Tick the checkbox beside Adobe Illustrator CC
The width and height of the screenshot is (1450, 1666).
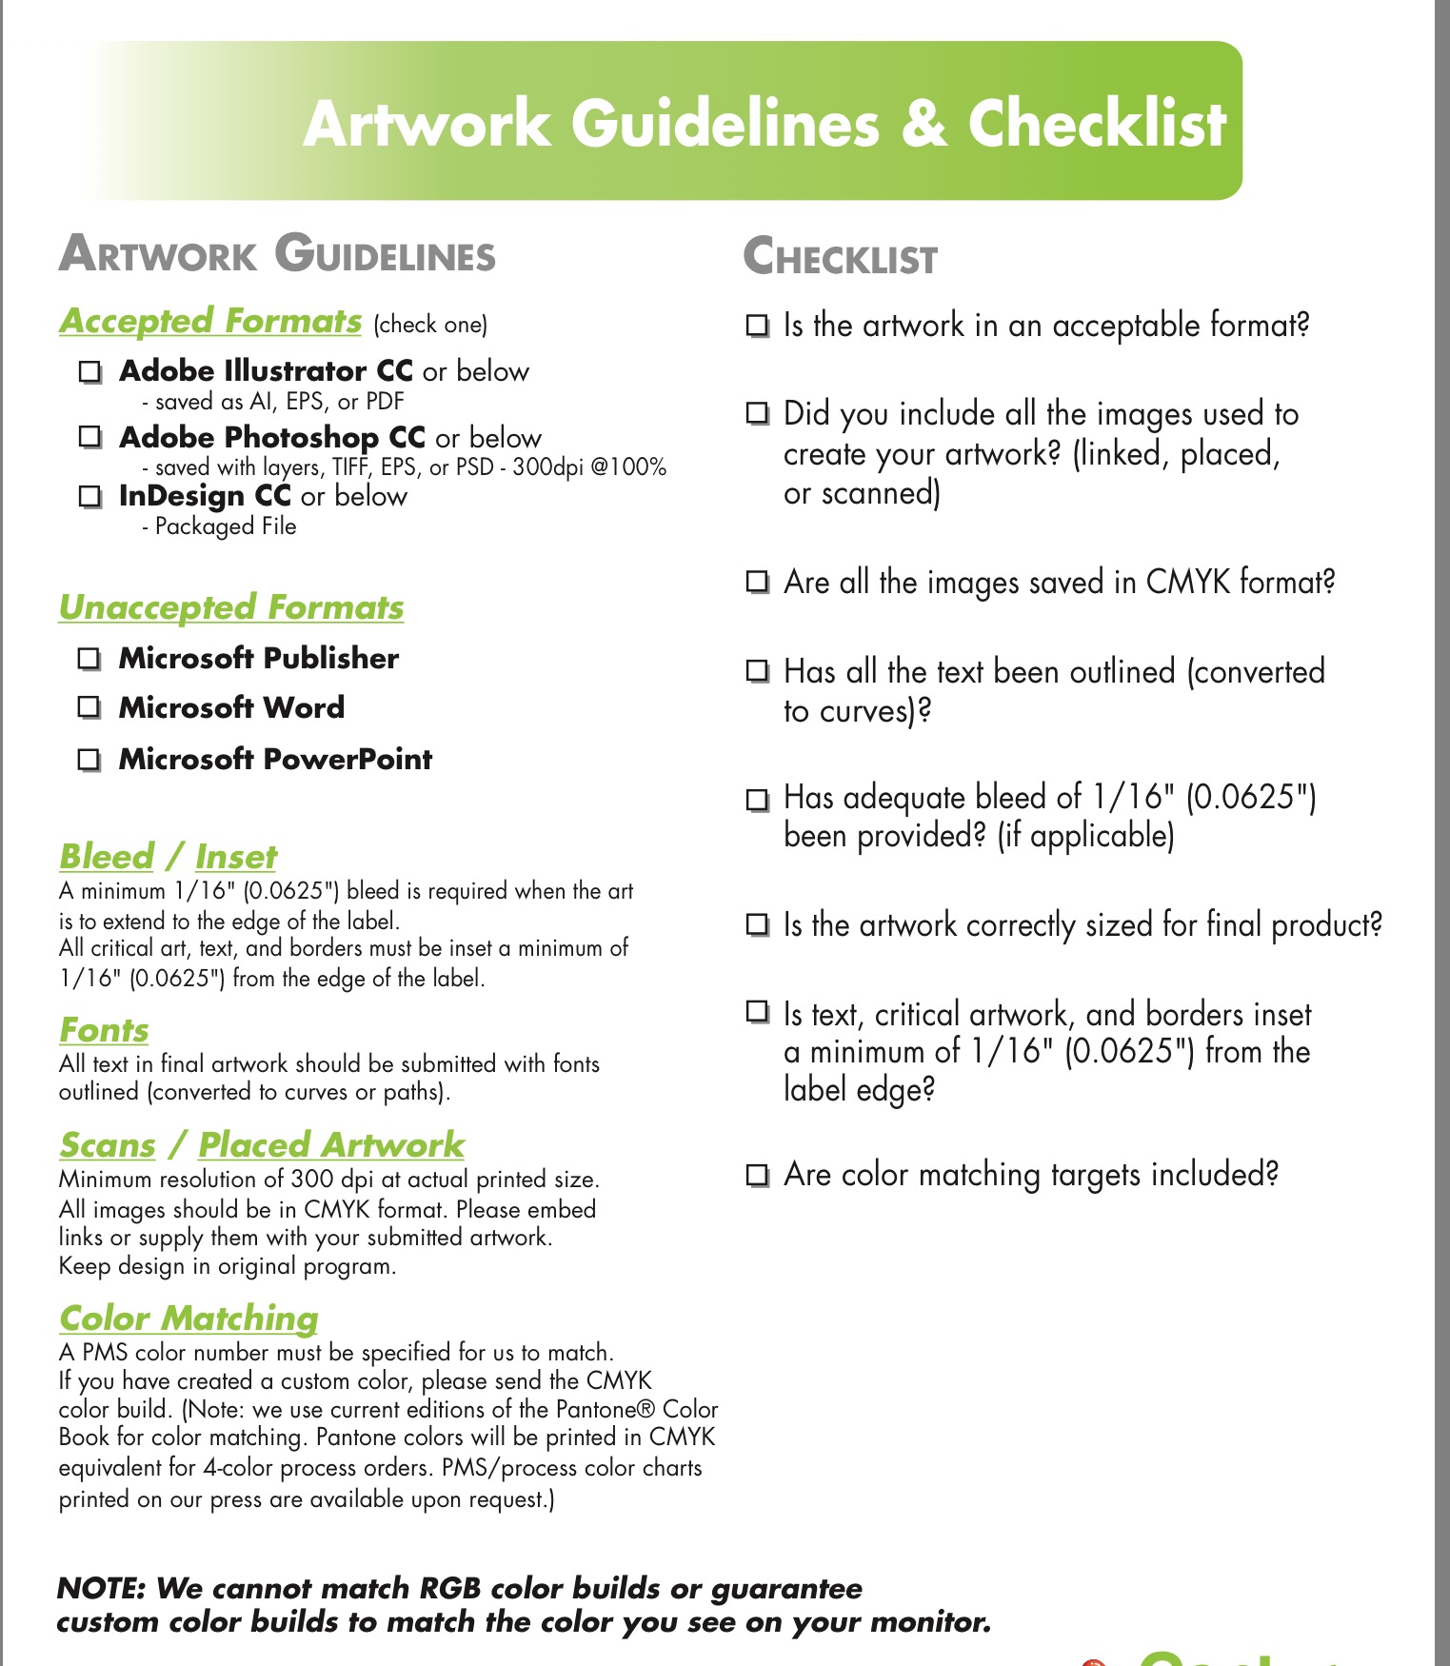coord(89,371)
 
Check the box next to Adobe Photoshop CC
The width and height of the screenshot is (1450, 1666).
coord(89,437)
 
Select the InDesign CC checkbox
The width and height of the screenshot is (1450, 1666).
coord(89,496)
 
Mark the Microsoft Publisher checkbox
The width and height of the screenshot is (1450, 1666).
coord(89,658)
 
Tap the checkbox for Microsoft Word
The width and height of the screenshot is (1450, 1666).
coord(89,707)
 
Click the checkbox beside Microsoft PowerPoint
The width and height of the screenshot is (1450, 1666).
coord(89,759)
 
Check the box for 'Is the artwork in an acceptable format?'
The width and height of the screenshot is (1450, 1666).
coord(757,326)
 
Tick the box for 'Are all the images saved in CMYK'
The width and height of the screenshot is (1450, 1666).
coord(757,582)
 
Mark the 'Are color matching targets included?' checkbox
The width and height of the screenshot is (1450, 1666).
coord(757,1175)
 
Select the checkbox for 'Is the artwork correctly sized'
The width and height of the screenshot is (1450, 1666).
coord(757,924)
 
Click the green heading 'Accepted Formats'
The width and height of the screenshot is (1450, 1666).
coord(210,321)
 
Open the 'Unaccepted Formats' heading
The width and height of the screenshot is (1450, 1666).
coord(231,607)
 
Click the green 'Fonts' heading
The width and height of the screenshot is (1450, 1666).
coord(104,1030)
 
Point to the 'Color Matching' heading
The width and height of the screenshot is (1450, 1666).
coord(189,1319)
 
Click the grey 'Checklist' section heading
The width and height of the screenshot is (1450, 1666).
coord(840,258)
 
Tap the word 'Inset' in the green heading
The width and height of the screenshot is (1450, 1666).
coord(236,857)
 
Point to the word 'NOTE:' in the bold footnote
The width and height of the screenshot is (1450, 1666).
coord(101,1588)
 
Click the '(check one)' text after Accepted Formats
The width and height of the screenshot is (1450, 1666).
coord(430,325)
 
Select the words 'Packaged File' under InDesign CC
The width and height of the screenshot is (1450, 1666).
coord(226,526)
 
